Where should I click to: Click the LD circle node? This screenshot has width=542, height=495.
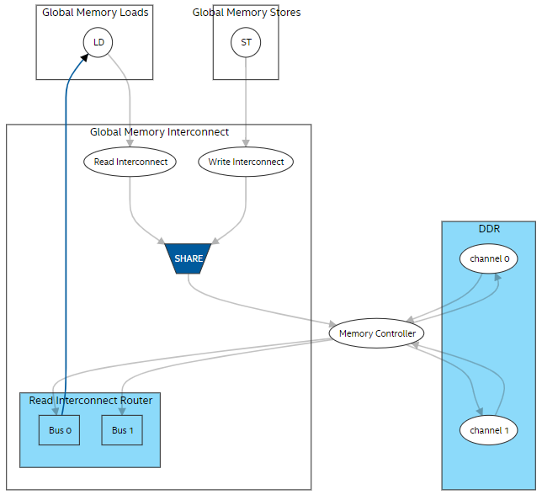click(98, 42)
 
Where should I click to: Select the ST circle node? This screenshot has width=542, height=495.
click(246, 42)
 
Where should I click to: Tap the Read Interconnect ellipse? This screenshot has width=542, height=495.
click(130, 162)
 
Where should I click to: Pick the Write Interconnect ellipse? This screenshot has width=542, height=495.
click(246, 162)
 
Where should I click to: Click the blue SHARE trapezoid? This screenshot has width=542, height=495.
click(189, 258)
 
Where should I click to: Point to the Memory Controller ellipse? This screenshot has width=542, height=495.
click(377, 333)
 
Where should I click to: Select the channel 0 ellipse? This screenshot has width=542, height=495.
click(488, 259)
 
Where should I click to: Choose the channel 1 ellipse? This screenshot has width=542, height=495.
click(488, 430)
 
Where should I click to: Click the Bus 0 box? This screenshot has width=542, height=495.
click(59, 430)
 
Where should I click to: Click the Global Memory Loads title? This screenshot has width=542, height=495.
click(94, 13)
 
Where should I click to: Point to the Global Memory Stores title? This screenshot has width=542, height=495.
click(246, 13)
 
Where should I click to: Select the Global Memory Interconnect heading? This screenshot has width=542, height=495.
click(159, 132)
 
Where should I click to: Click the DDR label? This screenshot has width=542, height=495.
click(489, 228)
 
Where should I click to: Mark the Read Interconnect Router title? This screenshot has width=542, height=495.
click(90, 400)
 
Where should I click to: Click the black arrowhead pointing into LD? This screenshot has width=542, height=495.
click(85, 56)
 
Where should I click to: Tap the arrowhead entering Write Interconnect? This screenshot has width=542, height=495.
click(246, 145)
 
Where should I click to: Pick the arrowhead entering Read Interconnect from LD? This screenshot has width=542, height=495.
click(130, 145)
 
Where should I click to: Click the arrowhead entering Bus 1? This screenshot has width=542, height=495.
click(123, 412)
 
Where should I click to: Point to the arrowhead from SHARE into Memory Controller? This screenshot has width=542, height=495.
click(332, 323)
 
